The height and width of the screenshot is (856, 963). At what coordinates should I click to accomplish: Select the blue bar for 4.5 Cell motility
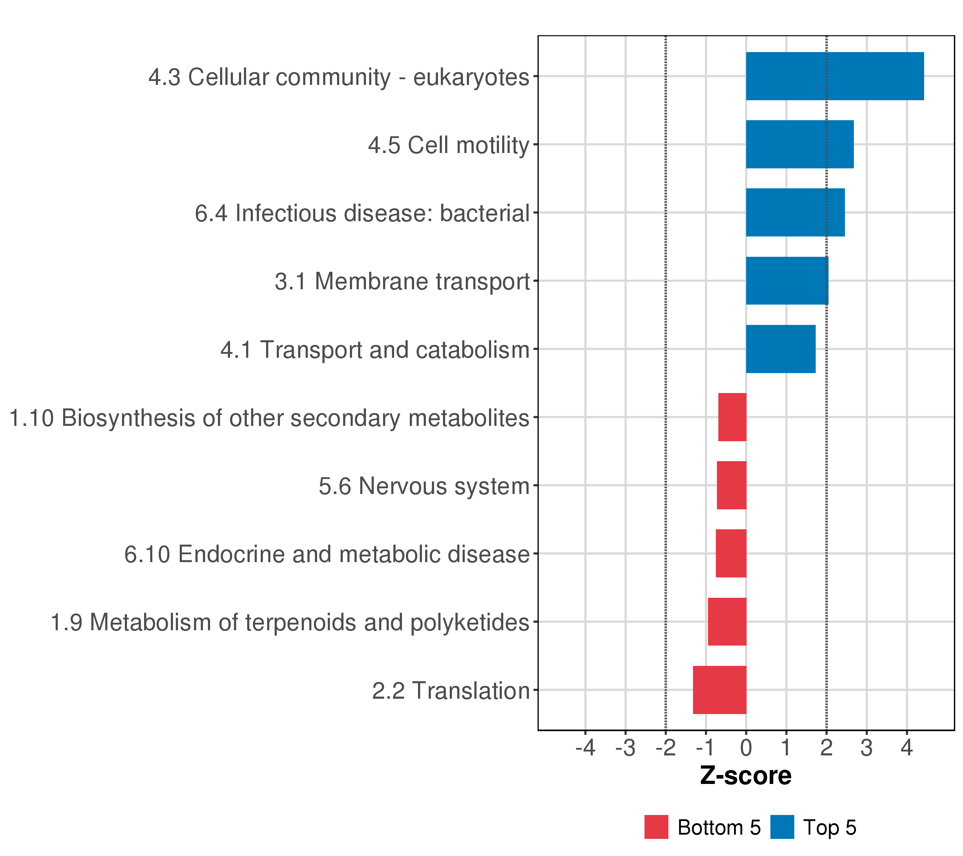click(x=800, y=144)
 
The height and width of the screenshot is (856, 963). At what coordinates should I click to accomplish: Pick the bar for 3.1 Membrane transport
click(x=787, y=281)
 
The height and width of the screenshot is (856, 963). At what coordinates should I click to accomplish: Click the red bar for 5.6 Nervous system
click(x=731, y=485)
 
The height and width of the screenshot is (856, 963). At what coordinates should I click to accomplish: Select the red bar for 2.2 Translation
click(x=719, y=690)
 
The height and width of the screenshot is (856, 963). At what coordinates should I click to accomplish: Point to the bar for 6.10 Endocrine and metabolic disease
click(x=731, y=554)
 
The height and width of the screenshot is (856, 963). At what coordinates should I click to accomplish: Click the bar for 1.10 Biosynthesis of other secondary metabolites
click(x=732, y=417)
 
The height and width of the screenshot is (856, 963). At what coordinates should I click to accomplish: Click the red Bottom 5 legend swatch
click(x=656, y=827)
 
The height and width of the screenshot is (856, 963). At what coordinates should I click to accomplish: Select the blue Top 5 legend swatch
click(x=782, y=827)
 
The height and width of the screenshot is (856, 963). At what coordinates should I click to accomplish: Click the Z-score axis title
click(x=746, y=775)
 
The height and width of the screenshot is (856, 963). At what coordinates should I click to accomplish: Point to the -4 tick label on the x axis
click(x=585, y=748)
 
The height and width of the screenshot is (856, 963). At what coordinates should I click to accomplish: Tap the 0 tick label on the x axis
click(x=746, y=748)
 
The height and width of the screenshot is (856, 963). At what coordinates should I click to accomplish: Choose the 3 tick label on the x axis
click(x=866, y=748)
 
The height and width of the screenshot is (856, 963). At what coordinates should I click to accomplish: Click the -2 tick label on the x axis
click(x=665, y=748)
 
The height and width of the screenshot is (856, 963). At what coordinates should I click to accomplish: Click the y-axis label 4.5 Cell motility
click(x=449, y=145)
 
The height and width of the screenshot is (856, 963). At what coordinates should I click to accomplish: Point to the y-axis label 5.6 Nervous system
click(x=424, y=486)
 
